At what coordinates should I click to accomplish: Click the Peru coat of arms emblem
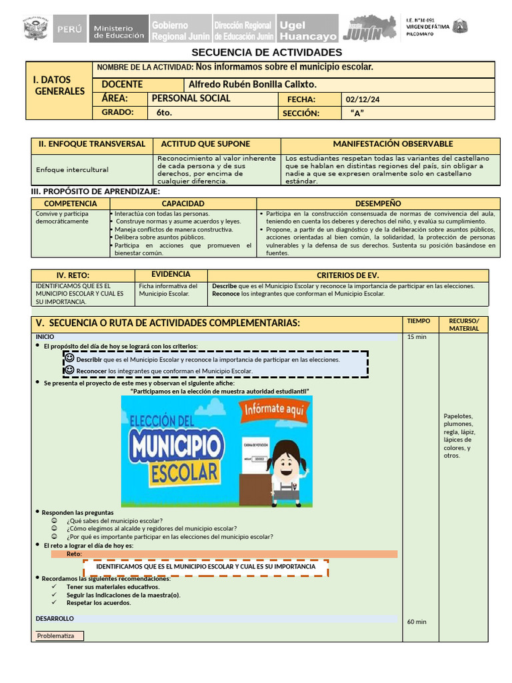[35, 29]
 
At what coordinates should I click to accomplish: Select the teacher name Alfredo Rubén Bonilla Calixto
[253, 85]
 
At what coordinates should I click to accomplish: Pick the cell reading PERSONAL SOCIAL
[191, 98]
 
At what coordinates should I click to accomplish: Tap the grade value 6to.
[164, 113]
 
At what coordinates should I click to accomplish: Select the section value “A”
[357, 113]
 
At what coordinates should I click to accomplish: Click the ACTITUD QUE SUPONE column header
[206, 144]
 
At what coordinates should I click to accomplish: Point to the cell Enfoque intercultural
[72, 169]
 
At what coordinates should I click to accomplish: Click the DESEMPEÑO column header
[378, 203]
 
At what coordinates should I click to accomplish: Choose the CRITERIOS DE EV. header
[347, 275]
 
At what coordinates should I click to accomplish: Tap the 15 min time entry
[416, 337]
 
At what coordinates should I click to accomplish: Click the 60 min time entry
[417, 622]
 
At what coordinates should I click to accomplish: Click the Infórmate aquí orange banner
[273, 410]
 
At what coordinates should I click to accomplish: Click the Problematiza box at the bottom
[59, 636]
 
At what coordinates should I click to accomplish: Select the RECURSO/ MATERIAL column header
[464, 324]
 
